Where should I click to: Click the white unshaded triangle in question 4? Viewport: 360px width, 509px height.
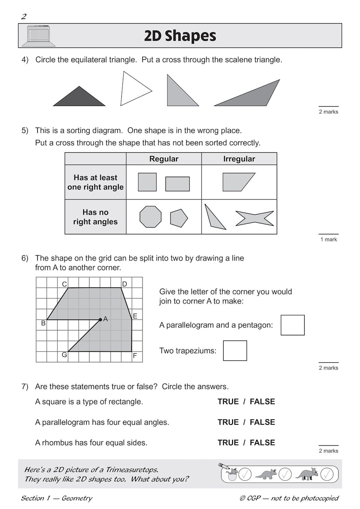pyautogui.click(x=133, y=90)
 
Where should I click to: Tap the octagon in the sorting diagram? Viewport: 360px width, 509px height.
pyautogui.click(x=150, y=217)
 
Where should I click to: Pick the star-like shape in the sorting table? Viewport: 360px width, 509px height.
pyautogui.click(x=254, y=218)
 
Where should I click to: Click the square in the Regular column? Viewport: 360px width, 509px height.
pyautogui.click(x=147, y=182)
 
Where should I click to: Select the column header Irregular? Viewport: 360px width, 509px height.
pyautogui.click(x=239, y=159)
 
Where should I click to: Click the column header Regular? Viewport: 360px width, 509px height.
pyautogui.click(x=164, y=159)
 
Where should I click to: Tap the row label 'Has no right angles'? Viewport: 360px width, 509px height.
pyautogui.click(x=95, y=217)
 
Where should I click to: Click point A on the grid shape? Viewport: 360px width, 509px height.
pyautogui.click(x=100, y=320)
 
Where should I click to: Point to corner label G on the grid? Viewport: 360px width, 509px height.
pyautogui.click(x=64, y=355)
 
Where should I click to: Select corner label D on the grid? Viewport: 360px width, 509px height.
pyautogui.click(x=125, y=284)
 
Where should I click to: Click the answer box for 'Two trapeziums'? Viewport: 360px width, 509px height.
pyautogui.click(x=235, y=351)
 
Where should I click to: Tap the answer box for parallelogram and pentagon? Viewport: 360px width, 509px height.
pyautogui.click(x=293, y=325)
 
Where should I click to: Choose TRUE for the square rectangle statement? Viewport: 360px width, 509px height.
pyautogui.click(x=228, y=402)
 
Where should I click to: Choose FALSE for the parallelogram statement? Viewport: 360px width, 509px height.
pyautogui.click(x=262, y=422)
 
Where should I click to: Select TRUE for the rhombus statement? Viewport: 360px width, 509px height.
pyautogui.click(x=228, y=443)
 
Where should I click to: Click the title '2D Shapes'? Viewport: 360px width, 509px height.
pyautogui.click(x=180, y=36)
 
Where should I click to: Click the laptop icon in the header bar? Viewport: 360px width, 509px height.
pyautogui.click(x=39, y=36)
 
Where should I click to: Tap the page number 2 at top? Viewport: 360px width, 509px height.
pyautogui.click(x=24, y=16)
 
